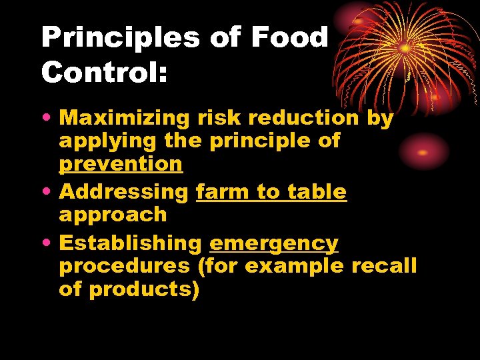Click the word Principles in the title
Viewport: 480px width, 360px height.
point(120,37)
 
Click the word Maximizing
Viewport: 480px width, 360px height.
point(125,119)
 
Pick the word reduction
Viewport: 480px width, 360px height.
point(307,119)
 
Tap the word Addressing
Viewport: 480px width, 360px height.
point(124,192)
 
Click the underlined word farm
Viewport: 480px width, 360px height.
point(223,192)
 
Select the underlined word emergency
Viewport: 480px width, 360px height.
point(273,245)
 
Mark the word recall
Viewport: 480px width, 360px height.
point(384,266)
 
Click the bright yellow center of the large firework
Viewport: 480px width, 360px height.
point(405,49)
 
